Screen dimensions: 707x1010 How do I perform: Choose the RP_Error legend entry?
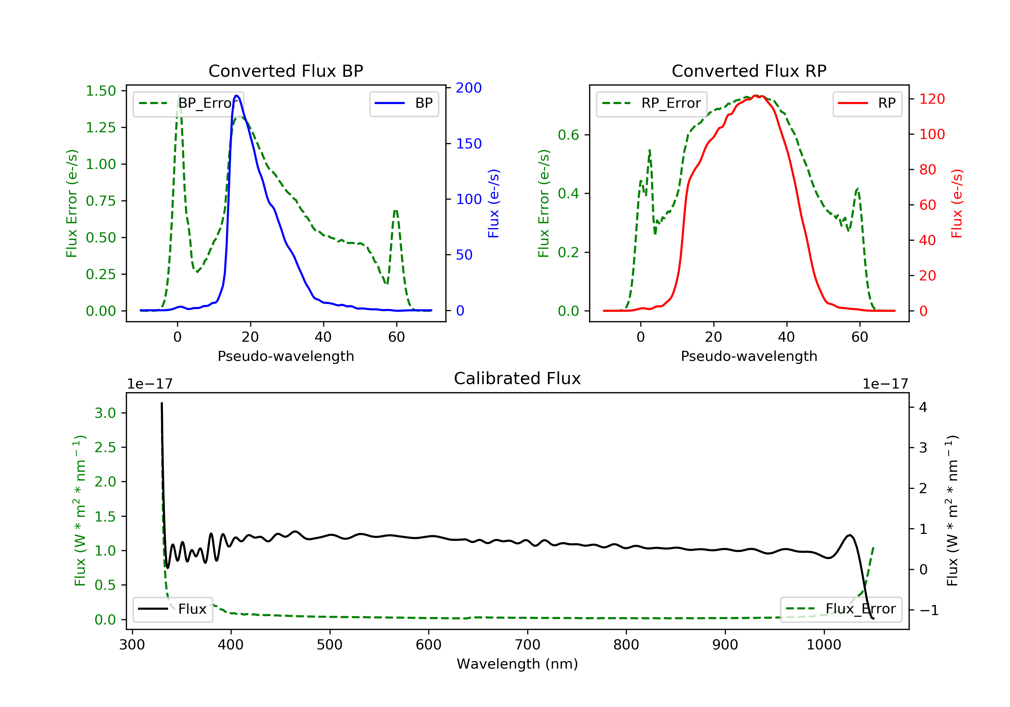point(651,103)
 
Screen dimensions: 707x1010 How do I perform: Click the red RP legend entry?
point(867,103)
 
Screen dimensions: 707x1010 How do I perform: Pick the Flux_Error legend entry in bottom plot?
point(841,609)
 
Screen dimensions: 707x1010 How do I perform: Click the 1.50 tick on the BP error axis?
point(101,91)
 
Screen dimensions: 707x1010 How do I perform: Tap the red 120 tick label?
point(932,99)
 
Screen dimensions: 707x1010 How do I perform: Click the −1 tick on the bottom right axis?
point(929,610)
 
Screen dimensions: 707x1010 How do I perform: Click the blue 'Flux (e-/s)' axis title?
point(494,204)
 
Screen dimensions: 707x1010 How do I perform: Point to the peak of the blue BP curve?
point(237,96)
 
